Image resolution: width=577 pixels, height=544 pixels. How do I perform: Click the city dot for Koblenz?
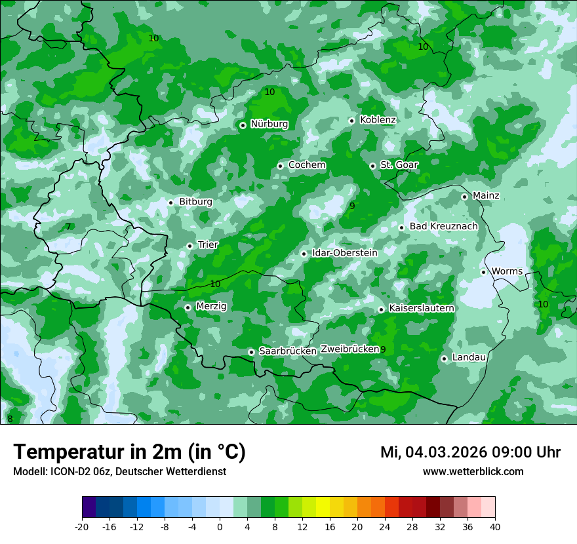click(352, 121)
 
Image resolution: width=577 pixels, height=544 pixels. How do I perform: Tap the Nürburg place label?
click(269, 124)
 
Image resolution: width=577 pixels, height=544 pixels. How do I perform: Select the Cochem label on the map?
click(307, 165)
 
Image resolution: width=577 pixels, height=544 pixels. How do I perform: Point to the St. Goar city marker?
click(373, 166)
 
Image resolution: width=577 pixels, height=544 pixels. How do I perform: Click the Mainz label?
click(486, 196)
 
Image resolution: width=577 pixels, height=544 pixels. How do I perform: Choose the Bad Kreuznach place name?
click(443, 227)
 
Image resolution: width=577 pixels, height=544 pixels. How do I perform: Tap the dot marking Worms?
click(484, 272)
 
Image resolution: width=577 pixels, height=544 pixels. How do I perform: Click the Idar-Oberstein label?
click(345, 253)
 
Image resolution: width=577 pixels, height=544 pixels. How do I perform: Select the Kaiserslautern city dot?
click(382, 309)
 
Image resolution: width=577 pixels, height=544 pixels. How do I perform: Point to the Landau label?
click(469, 357)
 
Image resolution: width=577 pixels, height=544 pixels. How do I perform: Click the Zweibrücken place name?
click(349, 349)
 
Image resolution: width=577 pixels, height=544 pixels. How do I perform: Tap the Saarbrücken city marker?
click(252, 352)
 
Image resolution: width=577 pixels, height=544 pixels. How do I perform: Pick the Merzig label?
click(211, 306)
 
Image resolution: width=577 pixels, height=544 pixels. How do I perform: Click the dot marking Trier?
click(190, 246)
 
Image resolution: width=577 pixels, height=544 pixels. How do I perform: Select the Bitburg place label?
click(195, 202)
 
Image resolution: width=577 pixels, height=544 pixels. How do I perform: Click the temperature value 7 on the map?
click(68, 227)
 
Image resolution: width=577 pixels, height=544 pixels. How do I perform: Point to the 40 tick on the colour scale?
click(495, 526)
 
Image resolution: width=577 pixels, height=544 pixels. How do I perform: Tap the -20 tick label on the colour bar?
click(82, 526)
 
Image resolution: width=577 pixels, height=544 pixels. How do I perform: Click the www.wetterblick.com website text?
click(473, 472)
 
